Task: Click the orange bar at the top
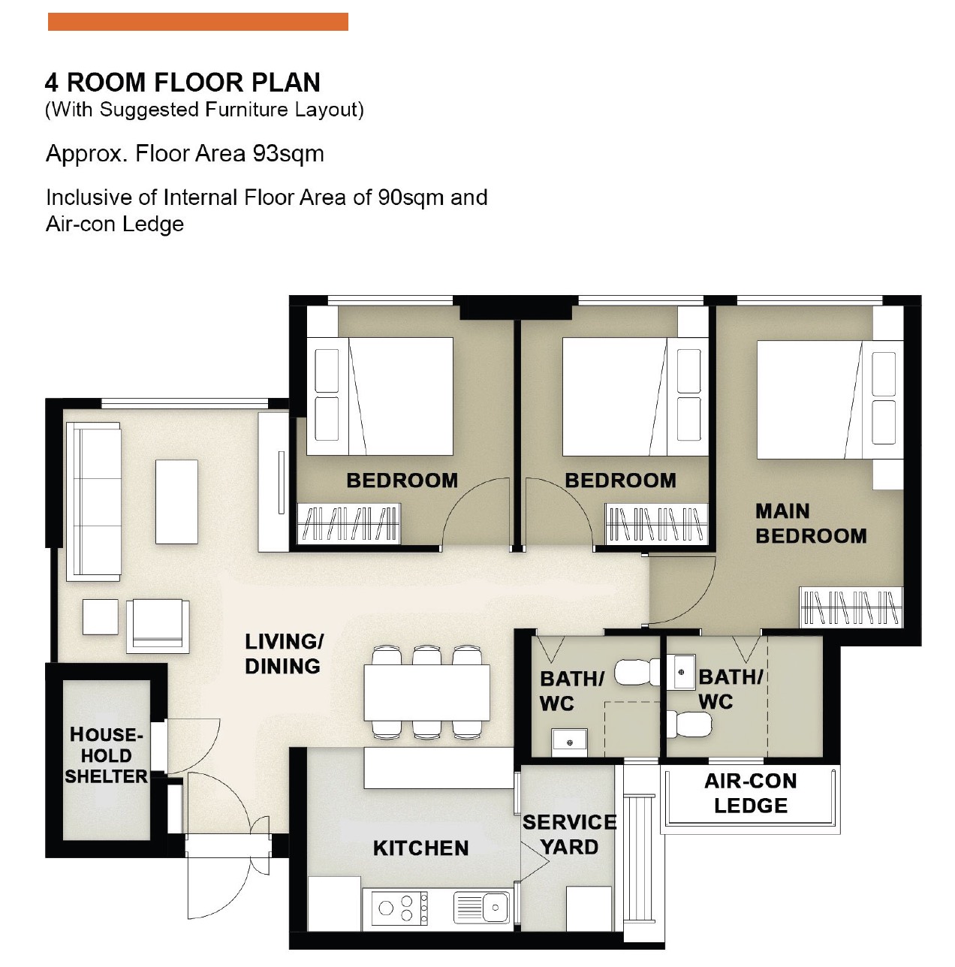tap(197, 22)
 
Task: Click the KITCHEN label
tap(420, 848)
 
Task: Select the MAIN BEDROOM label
tap(811, 523)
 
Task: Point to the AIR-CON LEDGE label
tap(750, 794)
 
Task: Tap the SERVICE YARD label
tap(570, 835)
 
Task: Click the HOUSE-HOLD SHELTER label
tap(106, 755)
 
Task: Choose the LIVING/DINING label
tap(284, 654)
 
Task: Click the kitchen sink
tap(482, 907)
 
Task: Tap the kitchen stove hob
tap(399, 908)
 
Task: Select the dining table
tap(426, 692)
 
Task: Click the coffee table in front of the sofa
tap(176, 502)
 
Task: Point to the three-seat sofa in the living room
tap(94, 502)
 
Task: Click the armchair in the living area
tap(158, 625)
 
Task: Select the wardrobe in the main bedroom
tap(851, 607)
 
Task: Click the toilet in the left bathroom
tap(637, 673)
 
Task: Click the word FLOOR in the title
tap(198, 83)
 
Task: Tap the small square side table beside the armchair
tap(101, 616)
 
